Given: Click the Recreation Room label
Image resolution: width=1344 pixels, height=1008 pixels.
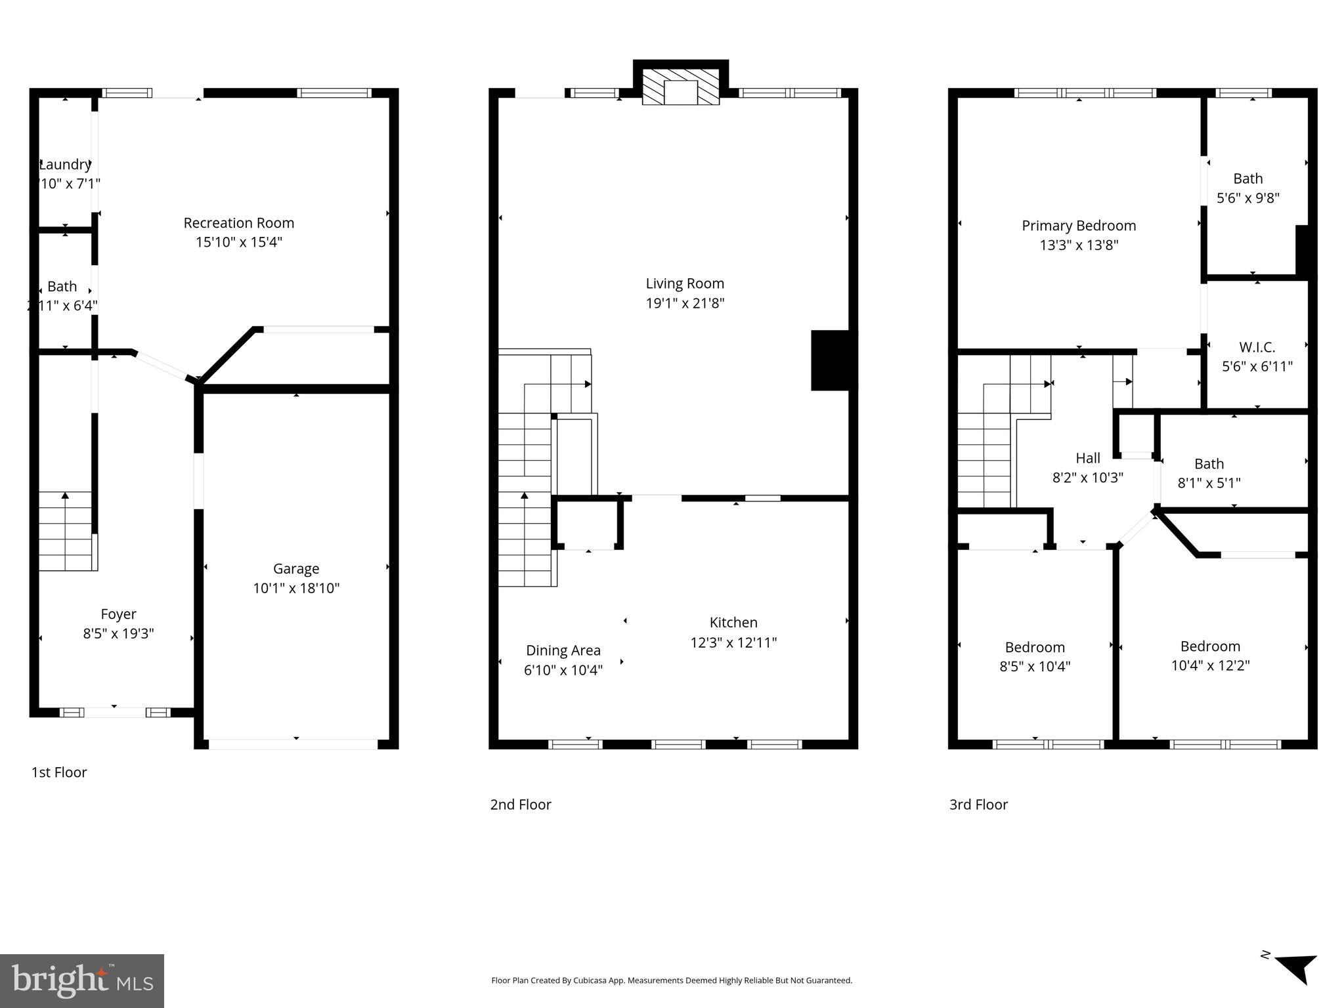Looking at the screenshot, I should (238, 223).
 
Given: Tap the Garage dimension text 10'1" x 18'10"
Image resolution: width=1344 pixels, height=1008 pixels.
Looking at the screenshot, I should (296, 588).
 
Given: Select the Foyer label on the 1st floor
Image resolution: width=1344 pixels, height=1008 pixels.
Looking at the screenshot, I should (118, 614).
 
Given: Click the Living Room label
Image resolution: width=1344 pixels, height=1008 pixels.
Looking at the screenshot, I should (685, 283).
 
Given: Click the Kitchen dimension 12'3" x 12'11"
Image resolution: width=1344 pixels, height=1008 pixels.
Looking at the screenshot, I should (733, 642).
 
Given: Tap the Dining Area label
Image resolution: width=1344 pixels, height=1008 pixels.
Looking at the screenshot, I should (563, 650).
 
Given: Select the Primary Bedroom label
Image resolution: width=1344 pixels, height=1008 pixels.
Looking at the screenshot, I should (1079, 226).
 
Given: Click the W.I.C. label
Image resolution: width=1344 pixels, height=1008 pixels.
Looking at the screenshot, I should (1257, 347).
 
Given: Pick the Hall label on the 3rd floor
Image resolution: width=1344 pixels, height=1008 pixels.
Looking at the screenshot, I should (1087, 458).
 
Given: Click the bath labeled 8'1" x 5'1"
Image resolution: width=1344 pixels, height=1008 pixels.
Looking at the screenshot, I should (1209, 473).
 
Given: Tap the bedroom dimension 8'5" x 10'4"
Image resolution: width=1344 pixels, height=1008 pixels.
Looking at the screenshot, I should (1035, 667).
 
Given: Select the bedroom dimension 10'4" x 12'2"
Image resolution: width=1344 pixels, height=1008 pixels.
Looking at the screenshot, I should (1210, 665).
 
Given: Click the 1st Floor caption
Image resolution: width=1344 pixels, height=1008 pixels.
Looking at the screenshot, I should (59, 772).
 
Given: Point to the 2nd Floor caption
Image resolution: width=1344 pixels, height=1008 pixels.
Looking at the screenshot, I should (521, 805).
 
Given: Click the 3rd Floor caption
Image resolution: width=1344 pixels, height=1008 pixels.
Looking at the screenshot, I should (978, 805).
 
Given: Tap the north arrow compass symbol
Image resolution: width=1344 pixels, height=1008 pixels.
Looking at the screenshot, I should (1297, 967).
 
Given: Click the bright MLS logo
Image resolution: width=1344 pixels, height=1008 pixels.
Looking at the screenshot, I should (82, 980).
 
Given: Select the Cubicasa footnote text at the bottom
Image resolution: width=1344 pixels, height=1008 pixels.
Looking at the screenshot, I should (672, 980).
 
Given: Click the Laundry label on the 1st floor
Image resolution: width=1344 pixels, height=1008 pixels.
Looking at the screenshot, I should (65, 165).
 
